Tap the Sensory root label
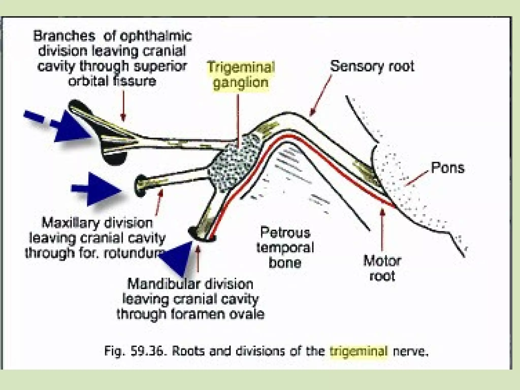click(x=372, y=67)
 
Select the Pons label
click(x=448, y=168)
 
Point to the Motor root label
click(x=382, y=269)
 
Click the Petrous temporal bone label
click(x=285, y=248)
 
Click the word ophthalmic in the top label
click(x=155, y=36)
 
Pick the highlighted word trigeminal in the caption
click(x=359, y=351)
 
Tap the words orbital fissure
click(x=112, y=81)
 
